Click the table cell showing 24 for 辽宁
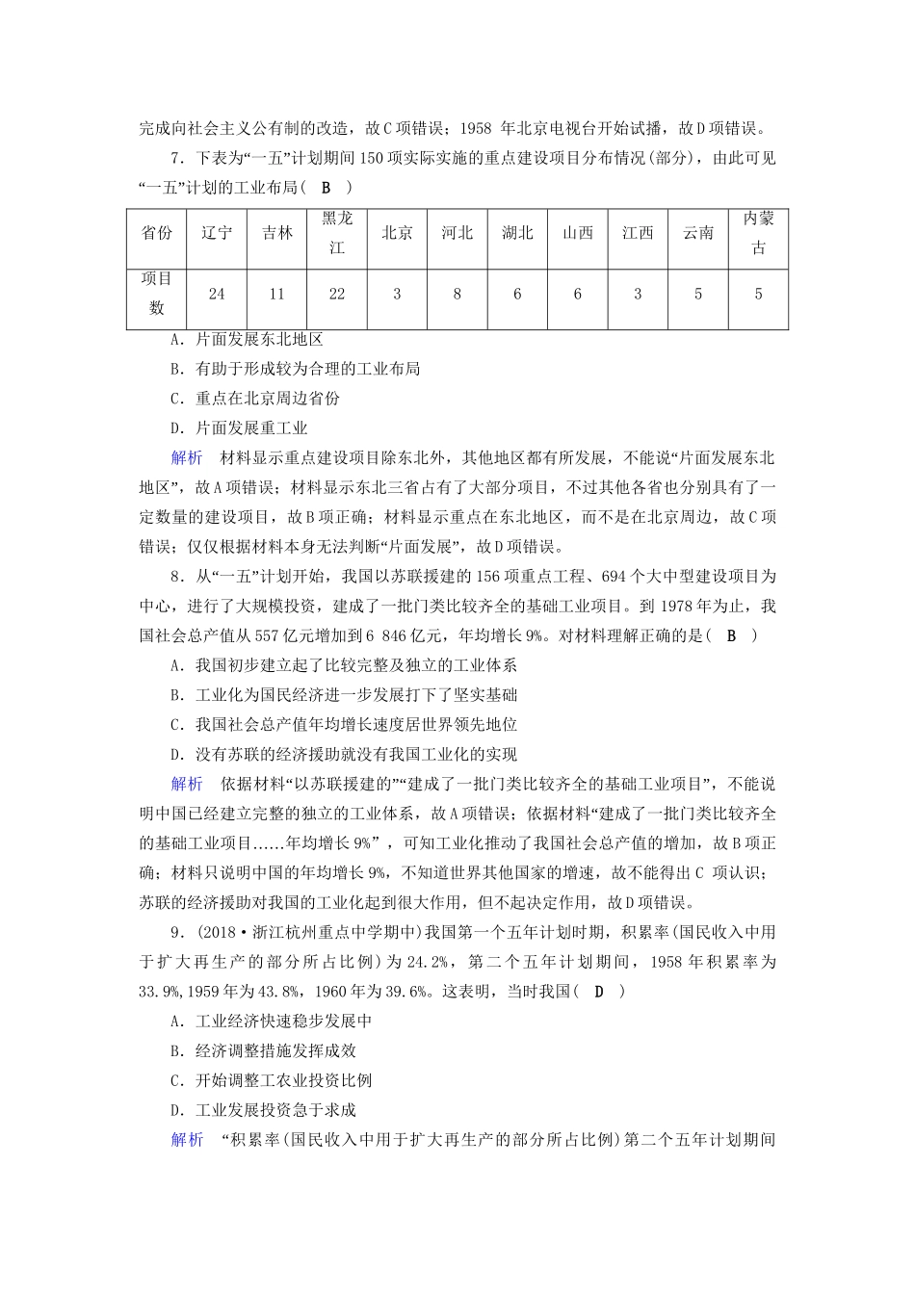point(217,294)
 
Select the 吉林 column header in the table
point(277,233)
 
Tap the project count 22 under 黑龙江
point(337,294)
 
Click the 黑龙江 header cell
point(337,233)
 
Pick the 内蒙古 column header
point(758,233)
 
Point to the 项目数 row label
point(156,294)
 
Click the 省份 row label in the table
point(156,233)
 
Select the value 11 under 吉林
point(277,294)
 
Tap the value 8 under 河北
point(457,294)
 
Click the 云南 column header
point(698,233)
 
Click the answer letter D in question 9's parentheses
point(599,992)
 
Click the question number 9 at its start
point(174,932)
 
